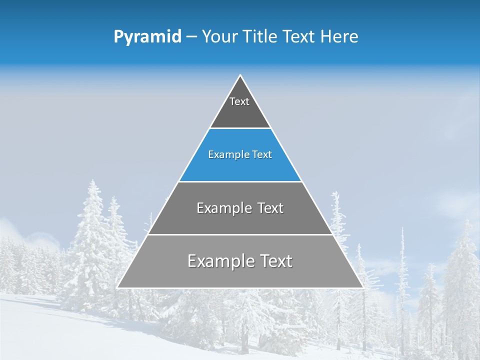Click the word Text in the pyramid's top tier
[x=239, y=101]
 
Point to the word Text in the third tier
[x=270, y=208]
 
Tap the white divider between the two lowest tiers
[x=240, y=234]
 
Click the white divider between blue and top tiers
[x=240, y=128]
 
